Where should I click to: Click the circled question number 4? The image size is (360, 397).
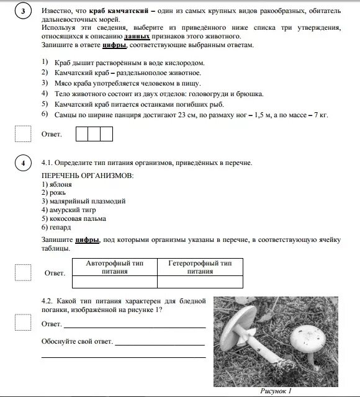tap(23, 163)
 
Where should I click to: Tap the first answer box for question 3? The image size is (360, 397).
tap(82, 133)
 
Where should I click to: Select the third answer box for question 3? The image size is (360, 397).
tap(107, 133)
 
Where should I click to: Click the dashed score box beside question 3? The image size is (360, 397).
tap(23, 133)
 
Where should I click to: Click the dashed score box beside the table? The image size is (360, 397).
tap(23, 272)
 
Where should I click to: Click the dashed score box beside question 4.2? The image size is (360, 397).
tap(23, 322)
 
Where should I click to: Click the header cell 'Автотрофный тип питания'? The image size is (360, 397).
tap(114, 267)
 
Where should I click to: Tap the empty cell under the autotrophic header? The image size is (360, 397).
tap(114, 282)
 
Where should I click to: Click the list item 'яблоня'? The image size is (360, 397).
tap(56, 184)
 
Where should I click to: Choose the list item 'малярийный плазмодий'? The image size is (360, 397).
tap(83, 201)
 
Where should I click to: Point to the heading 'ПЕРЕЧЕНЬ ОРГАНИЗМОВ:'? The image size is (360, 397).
tap(87, 176)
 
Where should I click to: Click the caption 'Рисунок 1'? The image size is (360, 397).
tap(276, 391)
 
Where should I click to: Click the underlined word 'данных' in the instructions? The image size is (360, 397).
tap(137, 37)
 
